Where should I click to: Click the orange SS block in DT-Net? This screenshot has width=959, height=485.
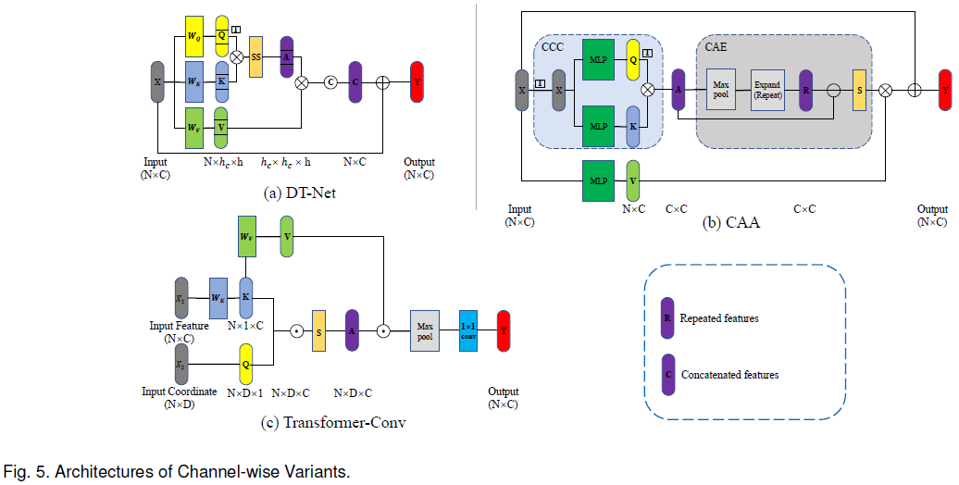pyautogui.click(x=255, y=56)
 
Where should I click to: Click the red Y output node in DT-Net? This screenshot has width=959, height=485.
pyautogui.click(x=417, y=81)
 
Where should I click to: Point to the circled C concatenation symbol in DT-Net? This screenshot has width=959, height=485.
pyautogui.click(x=330, y=81)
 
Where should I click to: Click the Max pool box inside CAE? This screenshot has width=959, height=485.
pyautogui.click(x=721, y=90)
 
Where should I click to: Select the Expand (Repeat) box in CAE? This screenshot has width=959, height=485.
pyautogui.click(x=767, y=90)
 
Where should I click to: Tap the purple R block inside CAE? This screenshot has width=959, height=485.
pyautogui.click(x=805, y=90)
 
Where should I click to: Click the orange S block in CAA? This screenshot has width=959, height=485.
pyautogui.click(x=859, y=90)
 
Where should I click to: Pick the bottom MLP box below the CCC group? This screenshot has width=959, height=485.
pyautogui.click(x=598, y=180)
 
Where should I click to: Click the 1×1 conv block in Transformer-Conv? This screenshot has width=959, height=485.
pyautogui.click(x=468, y=330)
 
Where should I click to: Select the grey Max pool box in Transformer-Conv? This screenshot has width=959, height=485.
pyautogui.click(x=425, y=330)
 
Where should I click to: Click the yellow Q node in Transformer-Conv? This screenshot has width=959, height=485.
pyautogui.click(x=246, y=364)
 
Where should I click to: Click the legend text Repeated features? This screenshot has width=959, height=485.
pyautogui.click(x=719, y=318)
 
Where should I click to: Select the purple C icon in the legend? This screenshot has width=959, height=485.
pyautogui.click(x=667, y=374)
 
